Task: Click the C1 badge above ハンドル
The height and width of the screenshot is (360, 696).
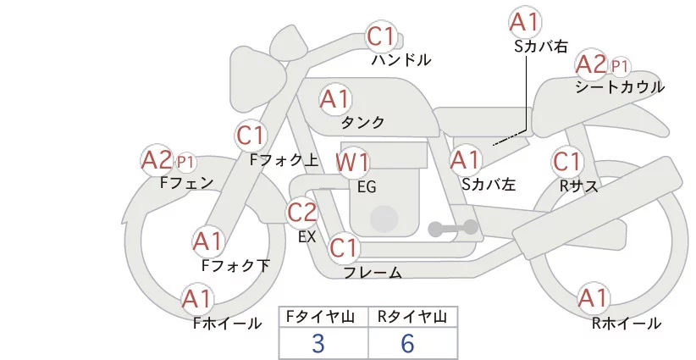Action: pos(381,36)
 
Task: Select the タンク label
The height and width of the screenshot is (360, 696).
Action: pos(362,123)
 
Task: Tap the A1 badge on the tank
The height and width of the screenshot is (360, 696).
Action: pos(334,99)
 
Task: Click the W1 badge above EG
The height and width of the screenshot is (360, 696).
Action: pos(353,162)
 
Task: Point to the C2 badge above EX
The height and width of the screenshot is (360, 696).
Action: pos(302,212)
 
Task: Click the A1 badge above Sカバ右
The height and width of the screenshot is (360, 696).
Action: pos(525,22)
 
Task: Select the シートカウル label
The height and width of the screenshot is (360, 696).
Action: pos(619,86)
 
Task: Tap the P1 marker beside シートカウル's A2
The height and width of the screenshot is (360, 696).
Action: pos(621,65)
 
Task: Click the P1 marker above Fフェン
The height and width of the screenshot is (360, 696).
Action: pos(185,161)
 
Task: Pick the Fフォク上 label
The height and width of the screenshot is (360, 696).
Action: pos(284,158)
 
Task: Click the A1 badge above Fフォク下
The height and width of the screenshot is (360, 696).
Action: pos(207,241)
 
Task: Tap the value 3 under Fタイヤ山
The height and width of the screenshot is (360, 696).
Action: pos(318,343)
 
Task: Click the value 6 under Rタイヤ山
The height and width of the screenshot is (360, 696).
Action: pos(408,343)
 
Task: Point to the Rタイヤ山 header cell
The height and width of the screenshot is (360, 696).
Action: pos(412,317)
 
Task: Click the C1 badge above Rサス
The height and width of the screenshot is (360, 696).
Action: pos(566,161)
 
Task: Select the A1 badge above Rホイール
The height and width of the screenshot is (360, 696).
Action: pos(593,298)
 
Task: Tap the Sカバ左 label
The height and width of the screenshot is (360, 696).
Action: pos(489,184)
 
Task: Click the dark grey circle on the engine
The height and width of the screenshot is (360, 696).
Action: pos(384,219)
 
